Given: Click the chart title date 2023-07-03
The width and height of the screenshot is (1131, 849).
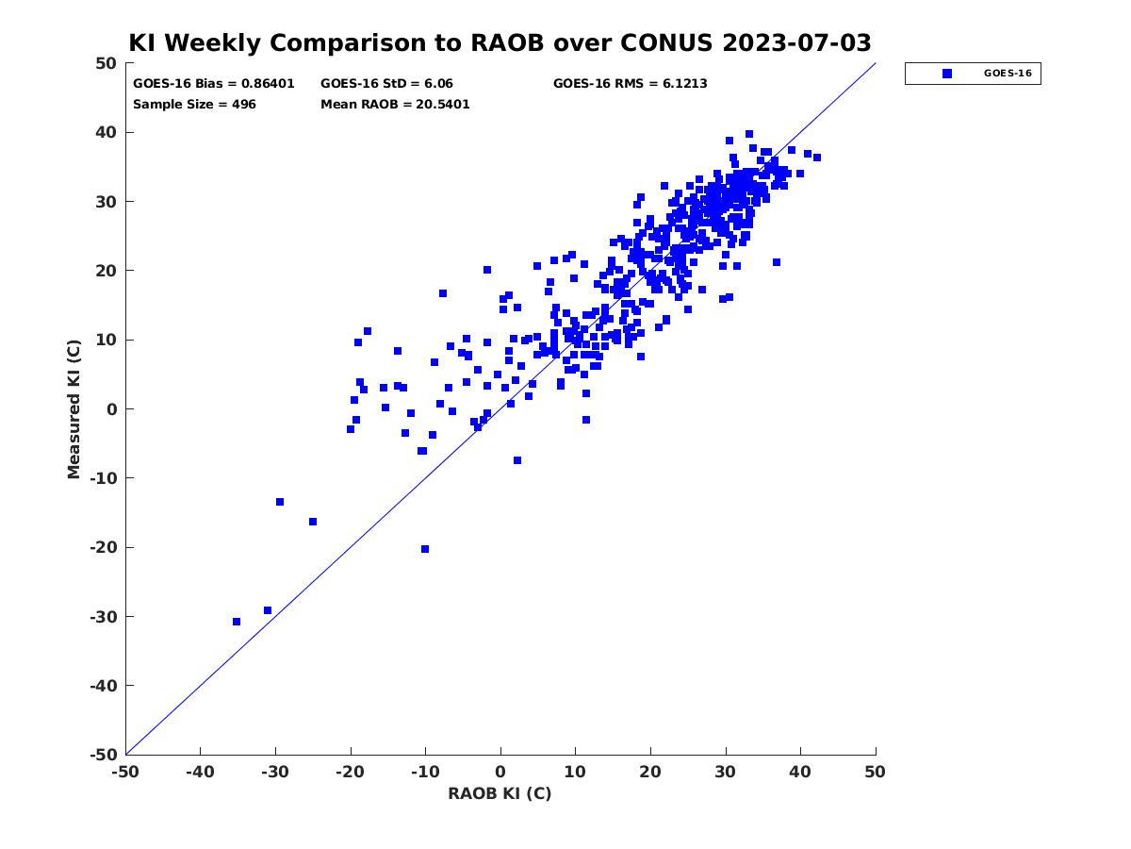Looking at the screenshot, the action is tap(796, 42).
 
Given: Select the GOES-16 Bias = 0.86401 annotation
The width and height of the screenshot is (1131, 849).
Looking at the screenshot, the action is tap(213, 84).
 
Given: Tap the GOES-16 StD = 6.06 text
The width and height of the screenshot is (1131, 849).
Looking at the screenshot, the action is tap(386, 84).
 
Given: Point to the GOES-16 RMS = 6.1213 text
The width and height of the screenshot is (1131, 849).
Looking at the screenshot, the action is tap(630, 84).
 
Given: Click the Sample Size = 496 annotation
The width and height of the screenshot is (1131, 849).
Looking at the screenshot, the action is tap(194, 104).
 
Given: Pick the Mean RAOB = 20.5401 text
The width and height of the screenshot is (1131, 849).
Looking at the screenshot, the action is tap(395, 104).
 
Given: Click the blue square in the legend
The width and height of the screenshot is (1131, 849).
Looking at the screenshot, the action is tap(946, 74).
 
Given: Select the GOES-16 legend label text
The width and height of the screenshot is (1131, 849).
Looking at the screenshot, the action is tap(1008, 74).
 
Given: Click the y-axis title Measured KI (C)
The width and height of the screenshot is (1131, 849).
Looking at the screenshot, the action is tap(74, 408).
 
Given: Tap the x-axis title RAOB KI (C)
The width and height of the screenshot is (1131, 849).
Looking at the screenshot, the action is tap(500, 793).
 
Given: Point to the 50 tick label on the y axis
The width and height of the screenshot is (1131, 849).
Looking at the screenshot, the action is tap(107, 63).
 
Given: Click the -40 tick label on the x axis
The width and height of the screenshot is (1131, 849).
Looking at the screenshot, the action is tap(200, 772).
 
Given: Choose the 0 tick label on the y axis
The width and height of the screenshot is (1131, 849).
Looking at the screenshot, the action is tap(112, 409).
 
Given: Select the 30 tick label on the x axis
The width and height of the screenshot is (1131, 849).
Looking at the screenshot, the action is tap(725, 772).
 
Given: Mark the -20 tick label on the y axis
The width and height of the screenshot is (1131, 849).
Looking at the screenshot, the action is tap(104, 547).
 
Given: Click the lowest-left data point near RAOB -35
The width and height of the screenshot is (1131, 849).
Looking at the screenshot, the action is tap(237, 622).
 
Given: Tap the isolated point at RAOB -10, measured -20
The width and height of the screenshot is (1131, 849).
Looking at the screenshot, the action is tap(425, 549).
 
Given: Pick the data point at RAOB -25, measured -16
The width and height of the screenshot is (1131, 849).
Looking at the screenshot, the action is tap(313, 522).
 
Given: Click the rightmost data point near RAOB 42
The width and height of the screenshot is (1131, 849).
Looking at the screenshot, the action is tap(817, 158).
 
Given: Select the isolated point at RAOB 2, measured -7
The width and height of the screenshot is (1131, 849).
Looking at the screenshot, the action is tap(517, 460).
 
